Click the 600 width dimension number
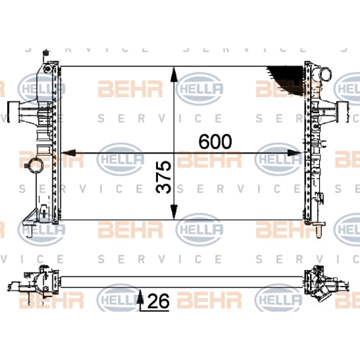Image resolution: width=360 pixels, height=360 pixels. point(215,141)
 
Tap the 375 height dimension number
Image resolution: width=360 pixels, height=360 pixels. point(164,177)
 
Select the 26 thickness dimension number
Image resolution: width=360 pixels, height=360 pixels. point(158,301)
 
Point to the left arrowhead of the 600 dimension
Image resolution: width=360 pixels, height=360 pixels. point(68,153)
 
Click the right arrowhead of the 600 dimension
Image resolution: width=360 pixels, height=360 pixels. point(295,153)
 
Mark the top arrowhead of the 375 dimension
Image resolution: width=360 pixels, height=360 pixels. point(174,74)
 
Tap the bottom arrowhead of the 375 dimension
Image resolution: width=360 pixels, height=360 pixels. point(174,212)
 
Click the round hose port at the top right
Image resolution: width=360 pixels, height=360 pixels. point(326,74)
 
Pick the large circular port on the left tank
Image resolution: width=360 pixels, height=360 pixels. point(36,165)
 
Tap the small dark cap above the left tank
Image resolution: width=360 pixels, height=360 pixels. point(46,53)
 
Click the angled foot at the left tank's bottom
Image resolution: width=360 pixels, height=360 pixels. point(30,216)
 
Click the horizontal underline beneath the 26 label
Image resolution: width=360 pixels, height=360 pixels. point(154,311)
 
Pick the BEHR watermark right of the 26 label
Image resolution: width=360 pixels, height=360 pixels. point(209,300)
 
